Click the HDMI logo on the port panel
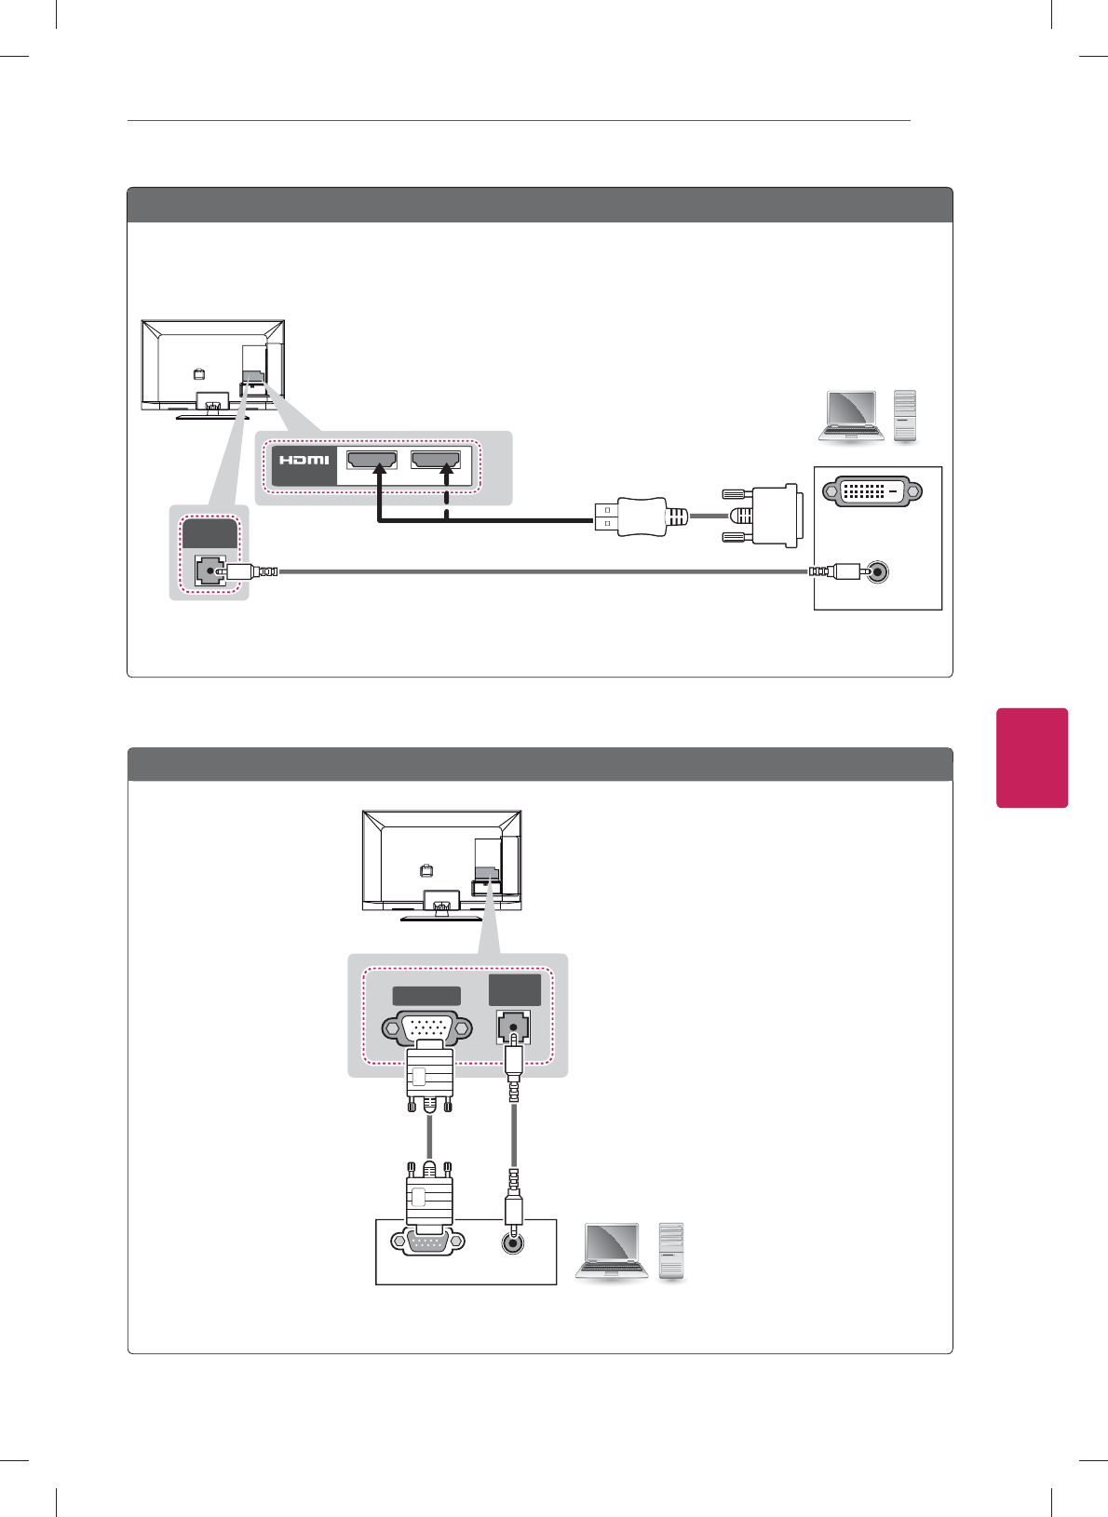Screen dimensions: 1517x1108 (x=304, y=460)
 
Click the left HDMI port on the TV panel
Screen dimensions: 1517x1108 (x=372, y=460)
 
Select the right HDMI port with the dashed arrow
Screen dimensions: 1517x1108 (x=436, y=460)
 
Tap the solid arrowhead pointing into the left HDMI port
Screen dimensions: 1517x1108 (x=379, y=471)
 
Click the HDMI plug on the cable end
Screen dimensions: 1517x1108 (x=630, y=516)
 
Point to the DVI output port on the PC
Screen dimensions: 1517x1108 (x=871, y=490)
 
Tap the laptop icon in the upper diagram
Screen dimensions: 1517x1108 (x=850, y=415)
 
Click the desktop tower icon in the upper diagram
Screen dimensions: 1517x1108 (x=904, y=415)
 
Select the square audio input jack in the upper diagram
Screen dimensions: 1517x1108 (x=209, y=571)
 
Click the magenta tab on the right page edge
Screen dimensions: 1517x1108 (x=1032, y=758)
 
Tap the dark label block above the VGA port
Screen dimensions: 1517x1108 (x=426, y=996)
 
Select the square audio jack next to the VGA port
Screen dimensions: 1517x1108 (x=513, y=1027)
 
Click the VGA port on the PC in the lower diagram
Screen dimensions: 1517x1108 (x=428, y=1242)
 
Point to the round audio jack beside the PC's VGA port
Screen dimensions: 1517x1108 (x=512, y=1242)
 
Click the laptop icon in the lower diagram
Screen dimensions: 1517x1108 (x=612, y=1253)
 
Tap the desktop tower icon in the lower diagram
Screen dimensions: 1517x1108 (x=671, y=1251)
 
